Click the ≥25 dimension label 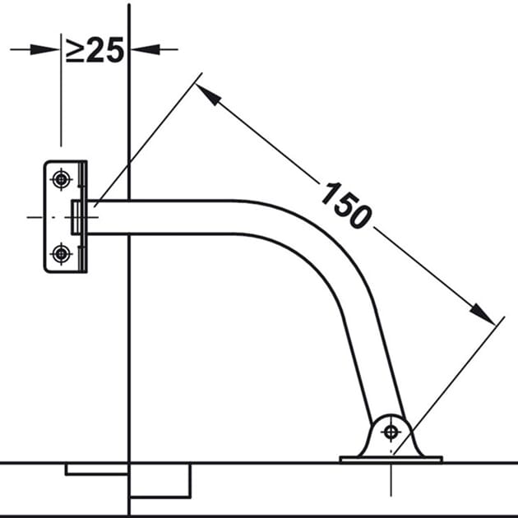click(95, 50)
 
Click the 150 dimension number click(346, 206)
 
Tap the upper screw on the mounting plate click(61, 179)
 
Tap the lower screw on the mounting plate click(61, 254)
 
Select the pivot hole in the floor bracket click(391, 432)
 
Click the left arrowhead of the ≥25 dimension click(44, 50)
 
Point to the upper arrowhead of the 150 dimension click(208, 94)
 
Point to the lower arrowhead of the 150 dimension click(483, 313)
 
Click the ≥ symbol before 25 click(74, 50)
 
